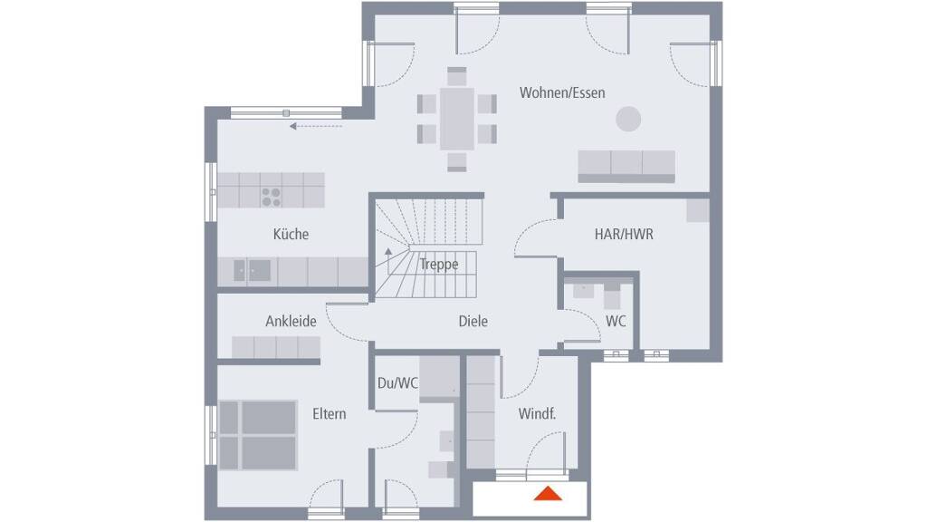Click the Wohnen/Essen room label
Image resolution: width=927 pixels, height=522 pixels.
tap(562, 93)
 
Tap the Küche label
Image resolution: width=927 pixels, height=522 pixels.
tap(291, 234)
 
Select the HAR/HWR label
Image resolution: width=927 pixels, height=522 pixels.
tap(624, 234)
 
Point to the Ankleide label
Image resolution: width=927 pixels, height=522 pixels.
tap(291, 321)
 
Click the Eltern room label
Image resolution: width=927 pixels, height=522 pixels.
tap(330, 413)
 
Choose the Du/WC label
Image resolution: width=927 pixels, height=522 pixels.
tap(397, 383)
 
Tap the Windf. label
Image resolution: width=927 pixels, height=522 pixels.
tap(537, 413)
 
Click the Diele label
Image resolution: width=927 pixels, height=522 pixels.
tap(473, 321)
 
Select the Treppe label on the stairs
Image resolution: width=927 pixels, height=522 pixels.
tap(439, 264)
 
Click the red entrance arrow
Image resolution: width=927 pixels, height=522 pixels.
tap(548, 493)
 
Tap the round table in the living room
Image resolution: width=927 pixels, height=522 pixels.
tap(628, 119)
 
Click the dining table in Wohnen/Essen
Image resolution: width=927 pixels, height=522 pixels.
tap(457, 119)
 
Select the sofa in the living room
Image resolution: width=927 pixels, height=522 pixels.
tap(626, 167)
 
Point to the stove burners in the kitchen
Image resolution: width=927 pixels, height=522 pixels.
tap(272, 197)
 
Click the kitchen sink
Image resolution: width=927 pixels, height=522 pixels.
tap(253, 271)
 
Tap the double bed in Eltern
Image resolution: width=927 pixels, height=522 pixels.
tap(258, 436)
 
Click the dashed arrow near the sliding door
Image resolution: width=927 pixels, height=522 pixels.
tap(316, 126)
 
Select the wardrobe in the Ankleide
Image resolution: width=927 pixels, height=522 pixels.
tap(276, 347)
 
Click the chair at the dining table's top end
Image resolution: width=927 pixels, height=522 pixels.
tap(457, 77)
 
